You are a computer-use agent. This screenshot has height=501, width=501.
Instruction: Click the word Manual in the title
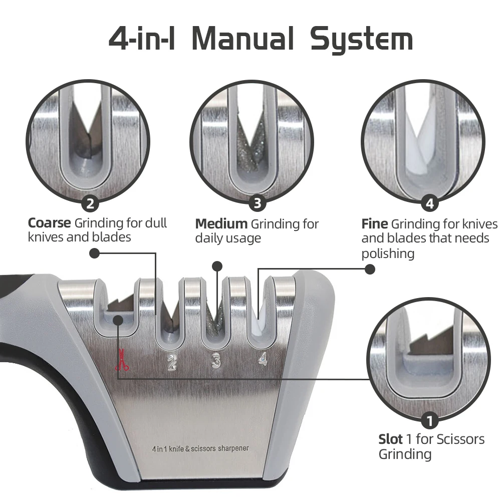pos(243,39)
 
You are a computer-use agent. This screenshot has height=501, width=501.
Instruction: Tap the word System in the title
pos(361,40)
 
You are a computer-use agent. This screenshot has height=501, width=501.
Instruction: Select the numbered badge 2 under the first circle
pos(90,204)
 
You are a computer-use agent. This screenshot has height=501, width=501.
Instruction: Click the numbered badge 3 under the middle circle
pos(257,203)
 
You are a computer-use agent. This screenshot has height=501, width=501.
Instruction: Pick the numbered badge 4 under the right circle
pos(429,204)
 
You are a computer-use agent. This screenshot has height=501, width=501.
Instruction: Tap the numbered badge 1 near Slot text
pos(429,419)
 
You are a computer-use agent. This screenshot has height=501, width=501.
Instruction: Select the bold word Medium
pos(221,223)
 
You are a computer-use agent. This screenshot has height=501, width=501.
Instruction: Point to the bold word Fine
pos(374,224)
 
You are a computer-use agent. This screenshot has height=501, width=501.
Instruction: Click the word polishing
pos(388,254)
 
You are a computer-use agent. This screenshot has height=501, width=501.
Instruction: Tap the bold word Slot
pos(390,439)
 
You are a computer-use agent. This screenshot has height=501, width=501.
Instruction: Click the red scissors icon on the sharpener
pos(122,362)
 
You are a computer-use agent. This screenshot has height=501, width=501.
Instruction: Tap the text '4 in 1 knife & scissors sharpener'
pos(200,448)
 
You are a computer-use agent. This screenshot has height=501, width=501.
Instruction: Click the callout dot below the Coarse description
pos(94,254)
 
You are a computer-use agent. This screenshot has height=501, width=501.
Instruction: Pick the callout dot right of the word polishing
pos(370,269)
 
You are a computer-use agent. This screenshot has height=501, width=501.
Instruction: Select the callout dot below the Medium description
pos(217,266)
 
